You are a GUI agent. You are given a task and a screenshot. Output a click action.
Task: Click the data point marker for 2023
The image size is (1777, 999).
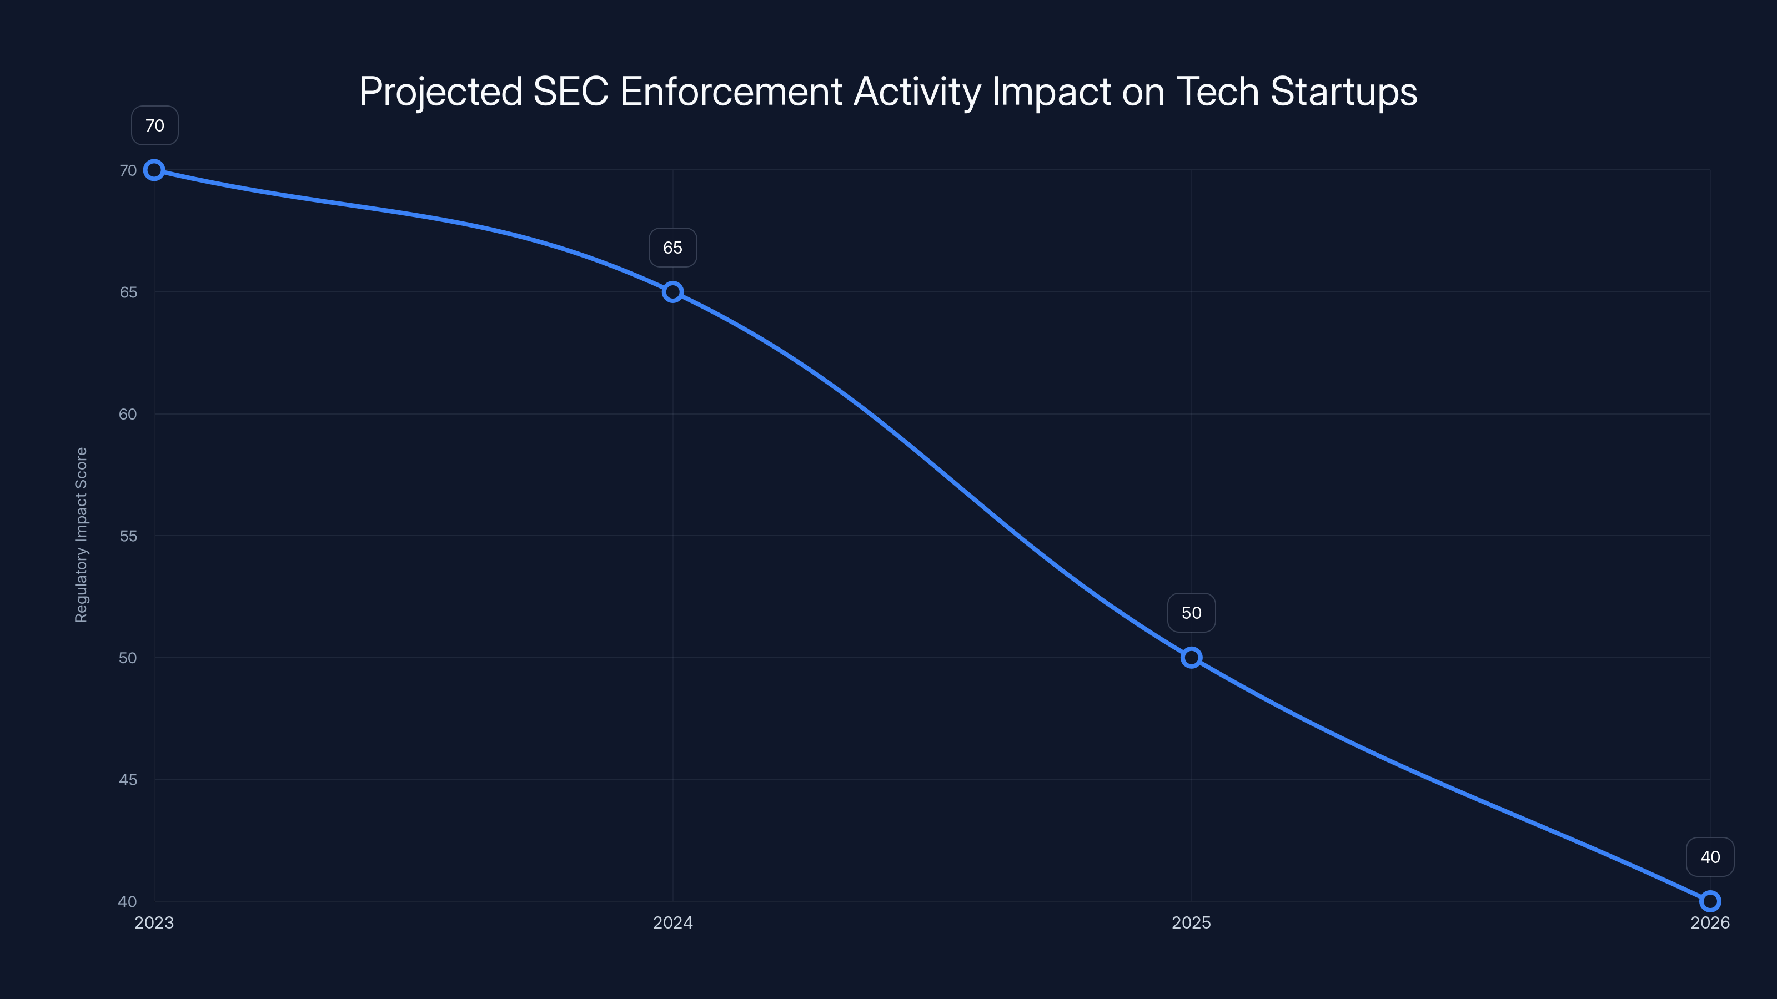coord(154,170)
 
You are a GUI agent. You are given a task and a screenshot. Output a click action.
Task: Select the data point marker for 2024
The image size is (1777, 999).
coord(672,292)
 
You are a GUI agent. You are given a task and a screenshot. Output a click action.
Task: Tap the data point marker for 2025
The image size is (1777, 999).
coord(1191,658)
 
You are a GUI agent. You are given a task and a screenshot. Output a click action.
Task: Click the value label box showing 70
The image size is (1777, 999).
coord(154,125)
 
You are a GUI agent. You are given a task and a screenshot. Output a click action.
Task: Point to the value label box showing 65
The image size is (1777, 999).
coord(672,248)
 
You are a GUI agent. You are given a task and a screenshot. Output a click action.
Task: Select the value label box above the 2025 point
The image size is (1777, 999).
coord(1191,613)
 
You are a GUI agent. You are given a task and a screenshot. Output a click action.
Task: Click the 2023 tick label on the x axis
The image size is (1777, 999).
coord(154,922)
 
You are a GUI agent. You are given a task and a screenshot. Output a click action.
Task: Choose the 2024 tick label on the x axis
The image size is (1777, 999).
coord(672,922)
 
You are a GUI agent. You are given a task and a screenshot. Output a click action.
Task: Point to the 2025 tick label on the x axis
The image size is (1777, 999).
coord(1191,922)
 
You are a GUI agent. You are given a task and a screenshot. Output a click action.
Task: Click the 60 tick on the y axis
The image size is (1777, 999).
coord(128,415)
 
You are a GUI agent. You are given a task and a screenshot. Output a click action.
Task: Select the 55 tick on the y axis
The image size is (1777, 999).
coord(128,536)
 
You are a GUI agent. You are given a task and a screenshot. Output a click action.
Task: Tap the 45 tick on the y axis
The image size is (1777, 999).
coord(128,780)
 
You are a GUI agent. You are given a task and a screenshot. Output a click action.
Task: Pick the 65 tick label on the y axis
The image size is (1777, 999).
coord(128,292)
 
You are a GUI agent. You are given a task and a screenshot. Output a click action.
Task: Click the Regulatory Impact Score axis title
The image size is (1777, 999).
coord(82,535)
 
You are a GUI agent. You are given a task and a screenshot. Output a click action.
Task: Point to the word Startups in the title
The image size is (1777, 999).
coord(1344,92)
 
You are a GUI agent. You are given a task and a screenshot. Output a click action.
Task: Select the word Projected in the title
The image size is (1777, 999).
coord(441,92)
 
